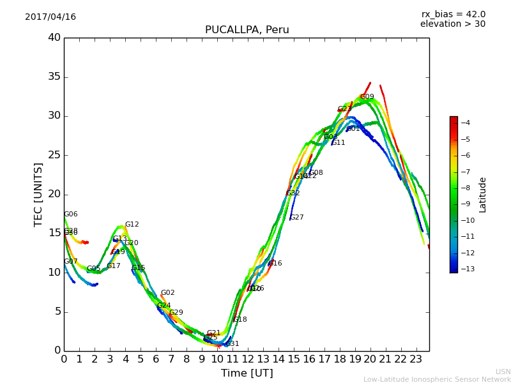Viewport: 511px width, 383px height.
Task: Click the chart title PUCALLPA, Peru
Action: tap(247, 30)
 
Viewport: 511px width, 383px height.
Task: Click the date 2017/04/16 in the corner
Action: tap(50, 17)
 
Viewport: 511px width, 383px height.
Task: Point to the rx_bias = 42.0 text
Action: tap(453, 14)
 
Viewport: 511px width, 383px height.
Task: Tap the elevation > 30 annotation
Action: tap(452, 24)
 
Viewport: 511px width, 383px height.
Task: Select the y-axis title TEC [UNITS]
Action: tap(38, 194)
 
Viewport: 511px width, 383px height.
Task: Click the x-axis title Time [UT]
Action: tap(247, 373)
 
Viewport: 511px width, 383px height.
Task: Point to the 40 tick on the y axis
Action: tap(54, 38)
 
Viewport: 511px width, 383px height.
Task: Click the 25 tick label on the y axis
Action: tap(54, 155)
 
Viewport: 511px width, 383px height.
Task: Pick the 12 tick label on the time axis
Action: tap(247, 359)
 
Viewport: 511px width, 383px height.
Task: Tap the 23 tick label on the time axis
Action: tap(416, 359)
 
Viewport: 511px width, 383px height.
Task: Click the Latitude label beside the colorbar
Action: tap(483, 195)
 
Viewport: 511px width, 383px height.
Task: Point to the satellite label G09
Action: tap(367, 97)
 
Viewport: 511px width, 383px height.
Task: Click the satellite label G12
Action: tap(132, 225)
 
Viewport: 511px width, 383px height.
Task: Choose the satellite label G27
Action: tap(296, 218)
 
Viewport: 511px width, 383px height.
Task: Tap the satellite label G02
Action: tap(167, 293)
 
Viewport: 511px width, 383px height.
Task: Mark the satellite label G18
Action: tap(240, 320)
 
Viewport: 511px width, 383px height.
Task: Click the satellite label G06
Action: tap(70, 214)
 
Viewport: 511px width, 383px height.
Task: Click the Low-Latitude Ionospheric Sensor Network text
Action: tap(437, 380)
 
